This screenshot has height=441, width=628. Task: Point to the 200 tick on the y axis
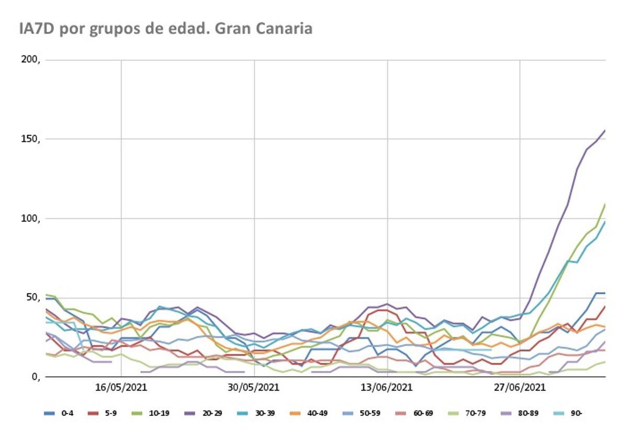[30, 60]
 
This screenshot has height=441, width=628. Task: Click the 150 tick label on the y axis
[30, 139]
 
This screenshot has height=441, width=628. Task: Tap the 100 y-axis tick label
[30, 218]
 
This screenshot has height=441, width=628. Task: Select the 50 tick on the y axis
[32, 297]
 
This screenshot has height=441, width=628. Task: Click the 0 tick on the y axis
[35, 377]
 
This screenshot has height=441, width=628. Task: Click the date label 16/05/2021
[121, 388]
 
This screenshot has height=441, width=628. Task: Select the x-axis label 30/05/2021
[254, 388]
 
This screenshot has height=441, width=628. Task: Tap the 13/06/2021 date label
[387, 388]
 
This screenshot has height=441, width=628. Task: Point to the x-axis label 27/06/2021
[520, 388]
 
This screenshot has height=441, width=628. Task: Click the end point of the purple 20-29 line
[605, 130]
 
